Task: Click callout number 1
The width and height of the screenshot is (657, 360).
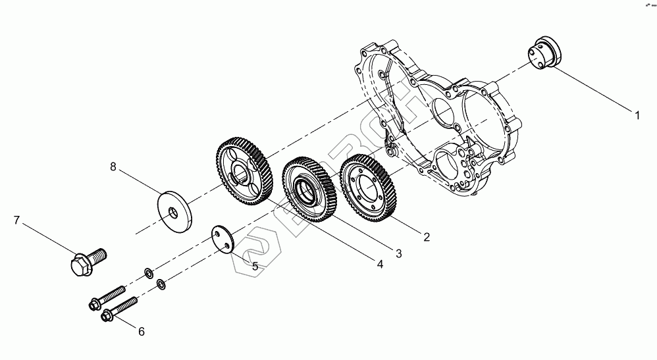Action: pyautogui.click(x=637, y=116)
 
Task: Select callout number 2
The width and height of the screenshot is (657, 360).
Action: pyautogui.click(x=427, y=237)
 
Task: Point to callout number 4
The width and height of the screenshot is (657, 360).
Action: pyautogui.click(x=379, y=264)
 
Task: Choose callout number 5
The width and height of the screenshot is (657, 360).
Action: pyautogui.click(x=254, y=266)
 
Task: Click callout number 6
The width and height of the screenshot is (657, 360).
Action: pyautogui.click(x=141, y=332)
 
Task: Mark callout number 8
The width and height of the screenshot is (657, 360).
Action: pyautogui.click(x=113, y=168)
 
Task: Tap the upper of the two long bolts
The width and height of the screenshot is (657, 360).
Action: pyautogui.click(x=107, y=297)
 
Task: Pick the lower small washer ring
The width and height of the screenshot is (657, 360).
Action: pyautogui.click(x=161, y=284)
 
